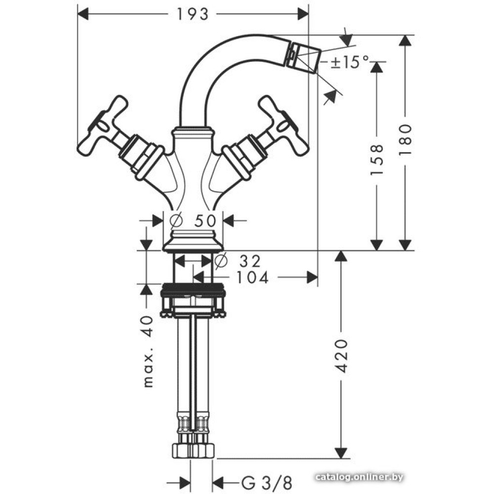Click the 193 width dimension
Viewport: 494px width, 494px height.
[x=193, y=14]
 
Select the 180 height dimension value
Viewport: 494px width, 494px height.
[x=405, y=139]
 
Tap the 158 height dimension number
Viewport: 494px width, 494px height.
[x=376, y=160]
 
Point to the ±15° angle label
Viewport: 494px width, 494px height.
[x=350, y=62]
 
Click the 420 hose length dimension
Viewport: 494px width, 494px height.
[x=342, y=356]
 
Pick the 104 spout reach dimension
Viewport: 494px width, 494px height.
[x=252, y=278]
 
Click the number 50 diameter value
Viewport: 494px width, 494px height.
[x=205, y=220]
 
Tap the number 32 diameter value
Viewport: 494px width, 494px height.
[x=250, y=261]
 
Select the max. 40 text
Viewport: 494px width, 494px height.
[x=148, y=351]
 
